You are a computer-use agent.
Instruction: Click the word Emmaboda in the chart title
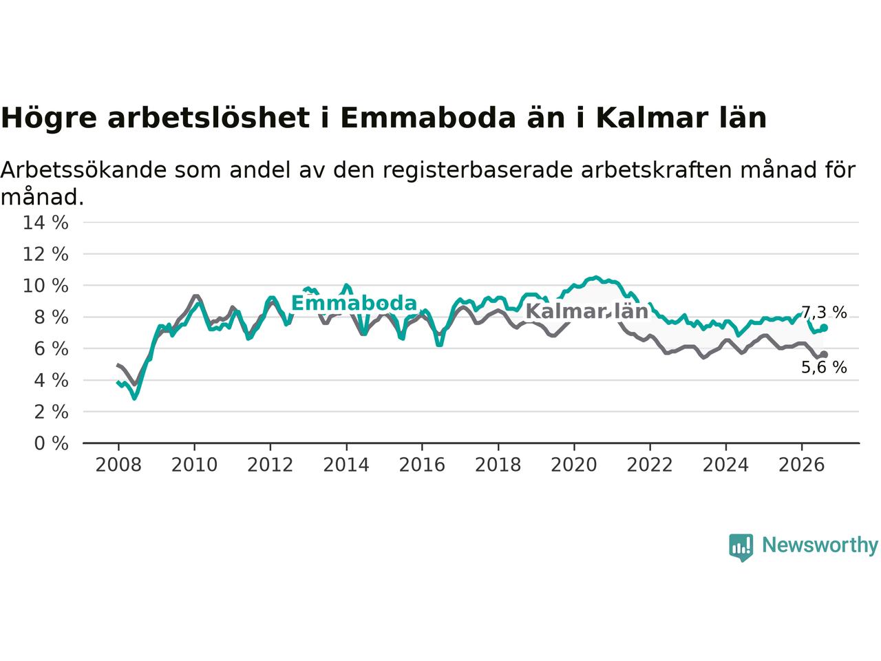428,118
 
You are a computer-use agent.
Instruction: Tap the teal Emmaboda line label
354,303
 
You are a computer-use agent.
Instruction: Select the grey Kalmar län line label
587,311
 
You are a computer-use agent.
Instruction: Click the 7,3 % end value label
824,312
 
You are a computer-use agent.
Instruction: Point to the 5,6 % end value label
824,367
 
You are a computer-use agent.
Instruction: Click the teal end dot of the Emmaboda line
825,328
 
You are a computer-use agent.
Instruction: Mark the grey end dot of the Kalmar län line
825,355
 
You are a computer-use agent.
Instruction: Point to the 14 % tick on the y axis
45,222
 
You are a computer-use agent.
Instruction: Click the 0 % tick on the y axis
52,443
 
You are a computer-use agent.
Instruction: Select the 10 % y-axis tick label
45,286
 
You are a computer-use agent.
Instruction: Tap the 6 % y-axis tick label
52,349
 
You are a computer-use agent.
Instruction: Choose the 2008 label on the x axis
118,465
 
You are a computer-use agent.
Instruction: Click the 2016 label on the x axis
422,465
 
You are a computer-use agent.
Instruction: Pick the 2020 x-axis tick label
574,465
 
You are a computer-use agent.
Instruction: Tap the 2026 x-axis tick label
802,465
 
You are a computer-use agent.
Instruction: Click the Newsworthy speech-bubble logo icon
741,547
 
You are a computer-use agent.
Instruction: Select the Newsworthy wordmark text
820,545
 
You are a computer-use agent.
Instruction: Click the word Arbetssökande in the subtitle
83,170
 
